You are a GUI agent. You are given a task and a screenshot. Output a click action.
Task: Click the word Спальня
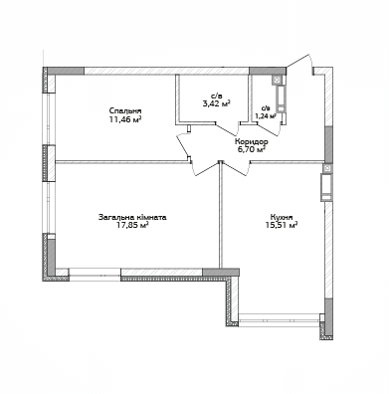(125, 110)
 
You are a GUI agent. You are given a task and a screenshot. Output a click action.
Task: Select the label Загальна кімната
(131, 216)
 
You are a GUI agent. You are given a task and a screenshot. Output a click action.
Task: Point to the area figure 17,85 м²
(131, 225)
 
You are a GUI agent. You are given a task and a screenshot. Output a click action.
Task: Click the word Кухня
(281, 216)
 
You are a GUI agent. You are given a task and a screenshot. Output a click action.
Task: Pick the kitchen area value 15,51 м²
(281, 225)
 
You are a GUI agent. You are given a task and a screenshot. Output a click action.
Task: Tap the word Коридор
(250, 142)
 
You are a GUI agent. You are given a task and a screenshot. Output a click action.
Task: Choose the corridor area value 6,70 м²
(250, 150)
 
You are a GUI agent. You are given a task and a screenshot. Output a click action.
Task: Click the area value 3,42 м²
(216, 102)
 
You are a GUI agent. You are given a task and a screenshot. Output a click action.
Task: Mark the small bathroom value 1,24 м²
(265, 115)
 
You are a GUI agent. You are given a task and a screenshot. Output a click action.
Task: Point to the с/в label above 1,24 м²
(265, 107)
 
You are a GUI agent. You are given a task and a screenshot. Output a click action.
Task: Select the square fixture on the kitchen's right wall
(325, 183)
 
